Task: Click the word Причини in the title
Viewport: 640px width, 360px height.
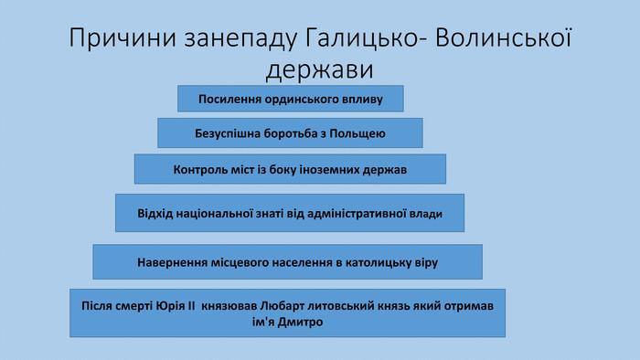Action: [x=123, y=38]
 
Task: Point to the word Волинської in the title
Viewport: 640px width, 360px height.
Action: [x=503, y=37]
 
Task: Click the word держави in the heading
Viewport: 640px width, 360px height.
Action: [x=320, y=69]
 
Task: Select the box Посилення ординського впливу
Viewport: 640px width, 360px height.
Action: [x=291, y=99]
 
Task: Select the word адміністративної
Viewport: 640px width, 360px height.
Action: [x=357, y=214]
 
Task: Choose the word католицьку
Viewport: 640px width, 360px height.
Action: [x=379, y=262]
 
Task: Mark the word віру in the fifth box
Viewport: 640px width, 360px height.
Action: [x=427, y=262]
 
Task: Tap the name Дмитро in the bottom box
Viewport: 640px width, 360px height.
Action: [x=300, y=323]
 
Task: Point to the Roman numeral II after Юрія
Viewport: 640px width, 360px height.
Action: [x=191, y=305]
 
